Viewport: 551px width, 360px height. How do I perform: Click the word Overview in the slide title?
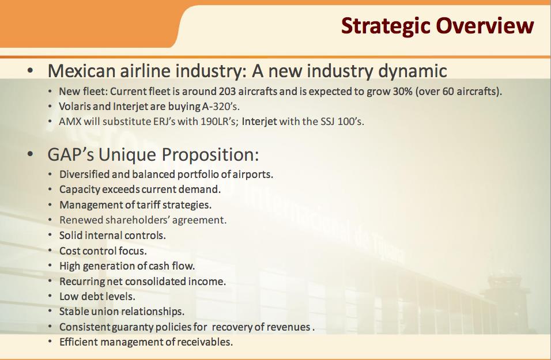tap(485, 25)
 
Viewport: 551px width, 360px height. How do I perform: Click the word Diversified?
tap(82, 174)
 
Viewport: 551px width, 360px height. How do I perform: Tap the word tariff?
tap(148, 204)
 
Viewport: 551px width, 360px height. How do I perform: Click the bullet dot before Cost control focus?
tap(50, 251)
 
